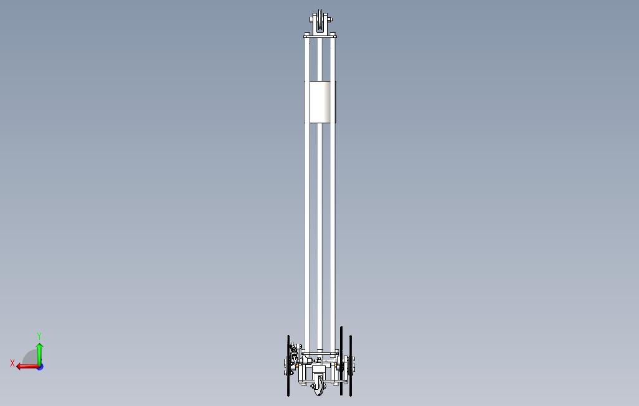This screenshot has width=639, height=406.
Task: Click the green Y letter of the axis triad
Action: (x=39, y=336)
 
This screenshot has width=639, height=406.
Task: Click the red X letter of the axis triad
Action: (x=12, y=363)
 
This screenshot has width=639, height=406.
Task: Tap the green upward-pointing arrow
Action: (x=39, y=354)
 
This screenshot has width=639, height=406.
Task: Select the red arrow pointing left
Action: (x=27, y=367)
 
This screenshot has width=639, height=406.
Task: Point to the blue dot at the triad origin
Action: (x=40, y=367)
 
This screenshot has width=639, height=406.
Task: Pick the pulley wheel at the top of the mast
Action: (x=320, y=21)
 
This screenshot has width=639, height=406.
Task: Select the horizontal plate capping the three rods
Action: (x=320, y=36)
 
